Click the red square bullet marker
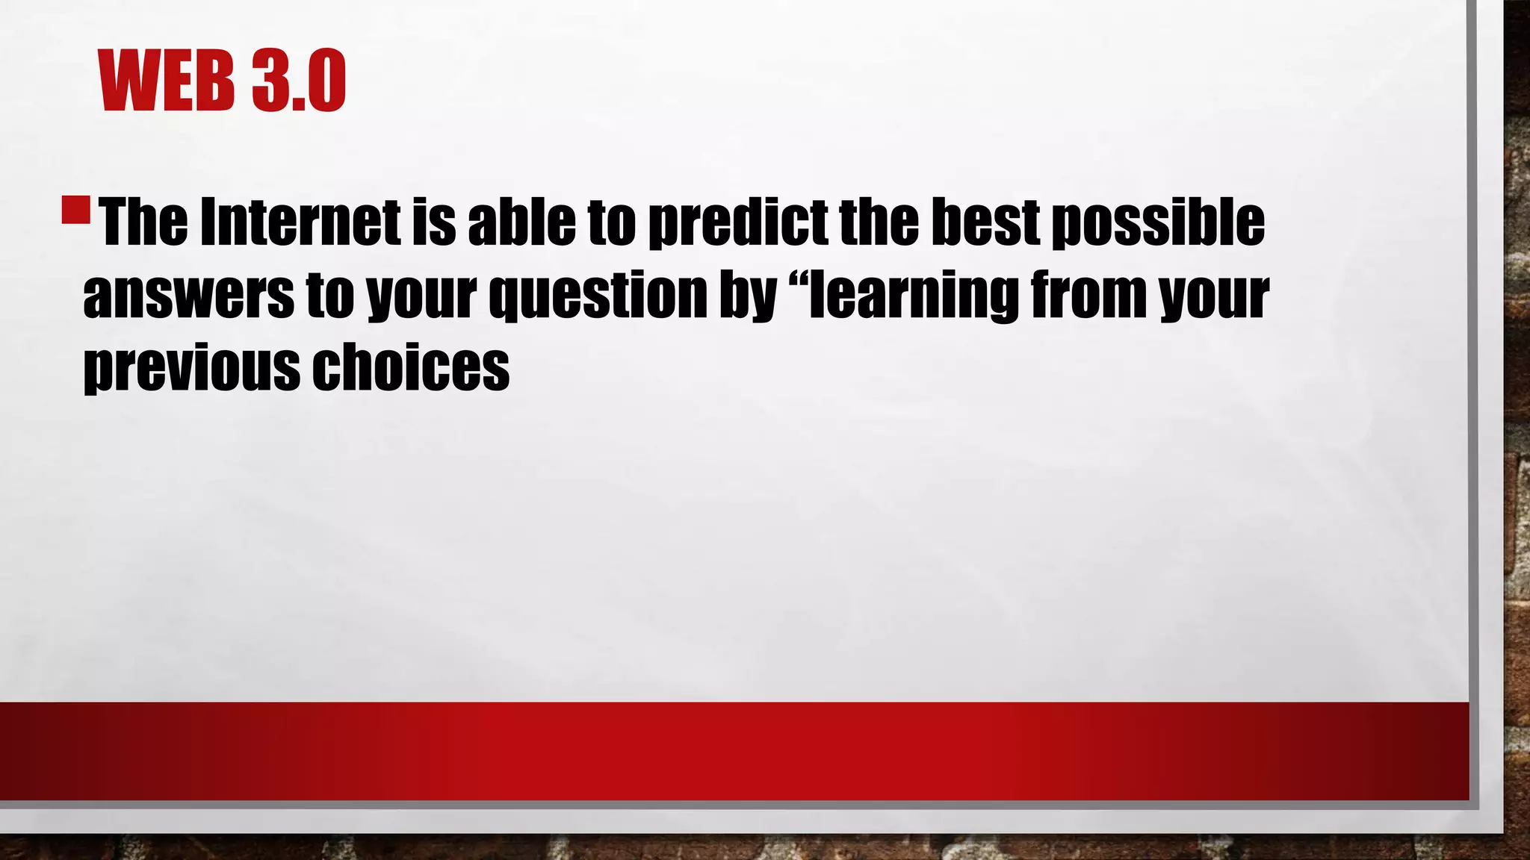(x=75, y=210)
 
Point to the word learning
(x=914, y=296)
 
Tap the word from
(x=1088, y=294)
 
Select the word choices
(x=411, y=367)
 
